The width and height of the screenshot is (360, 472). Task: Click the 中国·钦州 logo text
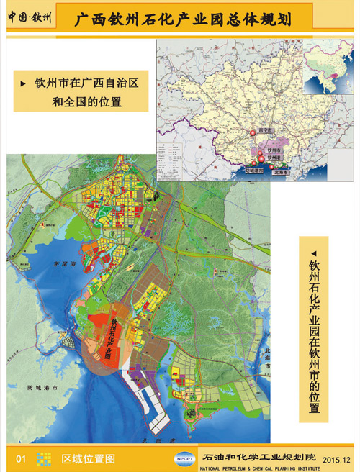click(30, 18)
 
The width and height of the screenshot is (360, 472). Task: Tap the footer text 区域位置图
click(88, 458)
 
